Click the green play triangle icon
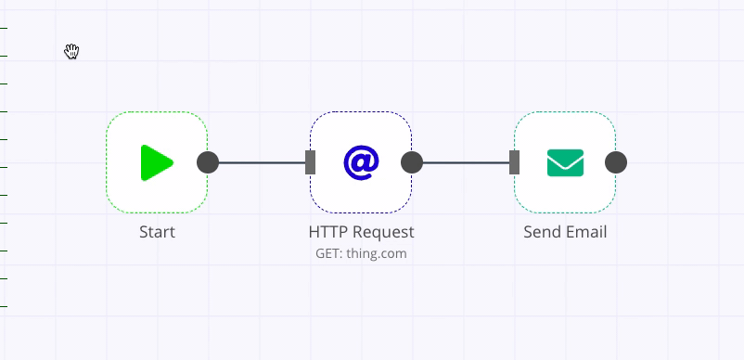pos(156,162)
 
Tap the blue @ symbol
pos(361,162)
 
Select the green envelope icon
pos(565,162)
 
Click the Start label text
pos(157,232)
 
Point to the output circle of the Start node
pos(208,162)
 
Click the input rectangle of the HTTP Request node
pos(311,162)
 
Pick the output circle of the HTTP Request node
pos(412,162)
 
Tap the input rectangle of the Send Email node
pos(515,162)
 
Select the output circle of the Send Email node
pos(616,162)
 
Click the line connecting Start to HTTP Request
pos(260,163)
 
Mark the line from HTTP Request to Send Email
pos(464,163)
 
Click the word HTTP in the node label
pos(327,232)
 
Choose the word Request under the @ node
pos(381,232)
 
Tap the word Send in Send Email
pos(541,232)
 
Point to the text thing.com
pos(377,253)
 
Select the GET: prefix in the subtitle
pos(329,253)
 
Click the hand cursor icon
pos(71,51)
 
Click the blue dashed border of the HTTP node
pos(361,112)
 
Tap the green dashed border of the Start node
pos(157,112)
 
